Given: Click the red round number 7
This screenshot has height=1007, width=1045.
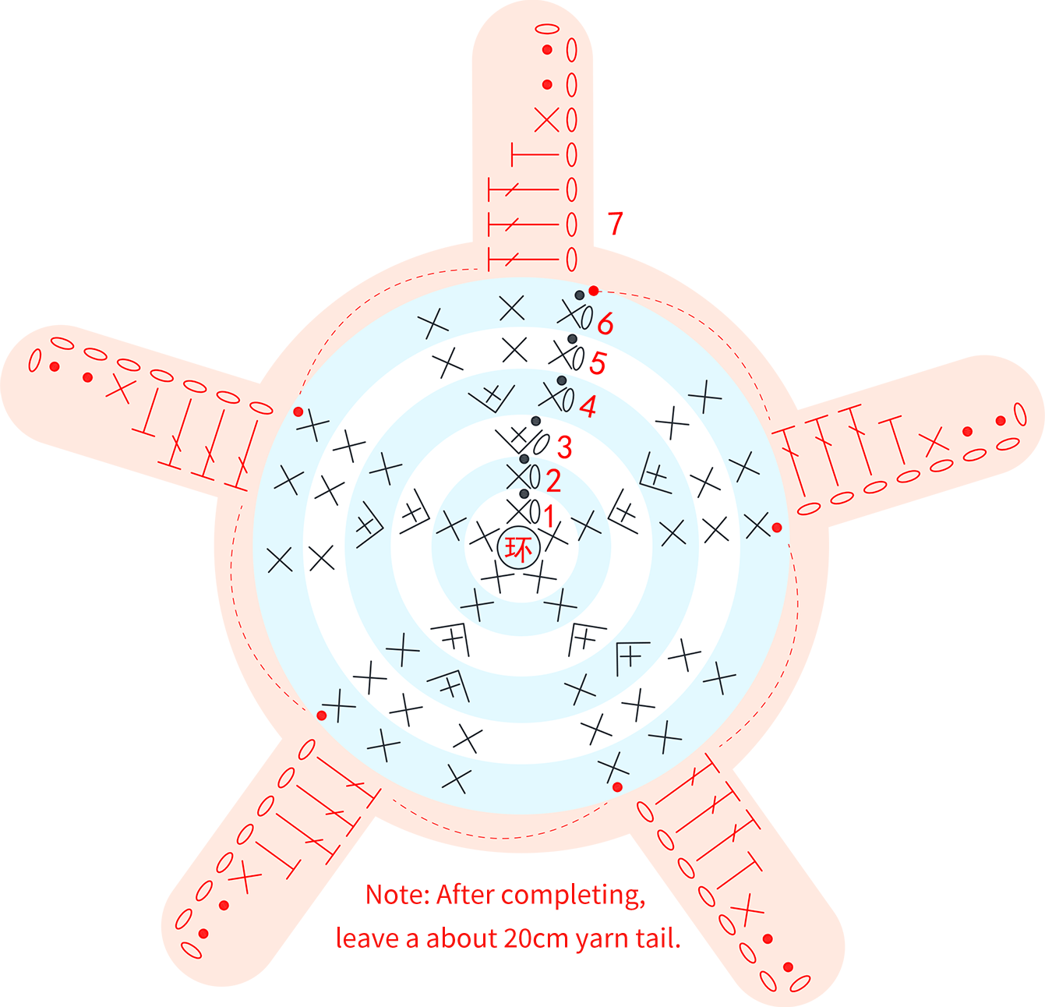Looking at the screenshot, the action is click(615, 224).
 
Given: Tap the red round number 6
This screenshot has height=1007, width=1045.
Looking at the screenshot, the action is click(605, 323).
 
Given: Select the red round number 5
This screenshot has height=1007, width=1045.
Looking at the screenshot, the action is click(597, 363).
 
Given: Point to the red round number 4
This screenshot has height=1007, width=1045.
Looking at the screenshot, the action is click(588, 407).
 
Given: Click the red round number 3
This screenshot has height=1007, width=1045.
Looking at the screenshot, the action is click(564, 447).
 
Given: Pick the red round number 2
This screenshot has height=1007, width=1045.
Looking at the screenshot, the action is click(553, 481).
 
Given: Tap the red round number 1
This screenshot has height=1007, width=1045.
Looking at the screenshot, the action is click(549, 517).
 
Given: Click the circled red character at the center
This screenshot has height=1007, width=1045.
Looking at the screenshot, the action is click(519, 549).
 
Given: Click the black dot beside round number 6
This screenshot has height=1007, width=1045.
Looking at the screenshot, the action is click(580, 295).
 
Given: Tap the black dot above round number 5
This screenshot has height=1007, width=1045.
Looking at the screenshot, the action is click(573, 339).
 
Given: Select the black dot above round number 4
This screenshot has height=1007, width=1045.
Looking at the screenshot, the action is click(562, 381).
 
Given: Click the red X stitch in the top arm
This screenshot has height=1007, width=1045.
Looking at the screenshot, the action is click(547, 120).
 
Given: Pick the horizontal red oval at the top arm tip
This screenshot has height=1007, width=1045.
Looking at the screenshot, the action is click(547, 29).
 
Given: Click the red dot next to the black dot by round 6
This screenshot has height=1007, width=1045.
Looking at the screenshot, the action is click(593, 291).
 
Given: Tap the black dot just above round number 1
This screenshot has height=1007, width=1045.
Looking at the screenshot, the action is click(524, 494).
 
